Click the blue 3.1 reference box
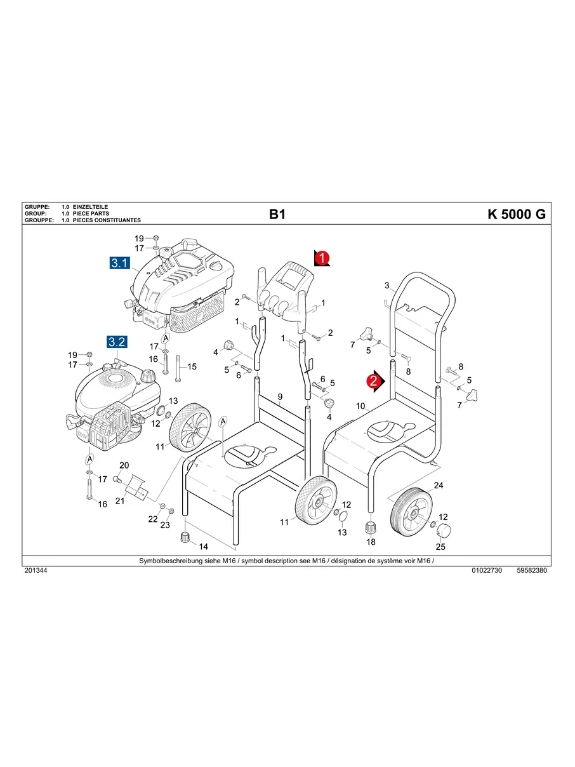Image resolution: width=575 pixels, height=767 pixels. [120, 262]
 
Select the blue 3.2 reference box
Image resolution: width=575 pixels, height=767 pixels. [117, 342]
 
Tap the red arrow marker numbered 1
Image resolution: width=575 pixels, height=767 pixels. [322, 258]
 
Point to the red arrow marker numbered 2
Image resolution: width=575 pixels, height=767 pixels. [374, 380]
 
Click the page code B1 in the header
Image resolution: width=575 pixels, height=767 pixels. [277, 214]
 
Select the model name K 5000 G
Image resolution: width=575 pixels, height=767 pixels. [516, 214]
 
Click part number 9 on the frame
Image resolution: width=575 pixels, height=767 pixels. [279, 397]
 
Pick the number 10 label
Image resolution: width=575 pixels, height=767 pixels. [360, 406]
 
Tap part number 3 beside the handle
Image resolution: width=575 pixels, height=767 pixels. [387, 286]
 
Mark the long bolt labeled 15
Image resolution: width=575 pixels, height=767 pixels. [178, 366]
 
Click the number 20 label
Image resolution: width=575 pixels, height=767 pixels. [124, 465]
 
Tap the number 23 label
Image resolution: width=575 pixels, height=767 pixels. [164, 525]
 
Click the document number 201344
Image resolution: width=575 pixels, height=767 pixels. [35, 570]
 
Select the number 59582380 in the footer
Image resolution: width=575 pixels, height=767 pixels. [532, 570]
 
